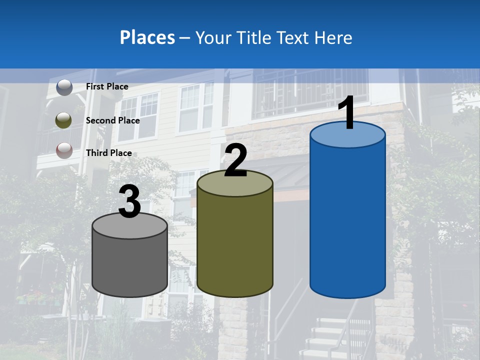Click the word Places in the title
pos(147,37)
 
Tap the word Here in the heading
pos(334,37)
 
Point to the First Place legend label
pos(107,86)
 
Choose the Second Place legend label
pos(112,120)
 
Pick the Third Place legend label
pos(109,153)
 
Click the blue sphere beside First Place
pos(64,87)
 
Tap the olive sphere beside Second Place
pos(63,120)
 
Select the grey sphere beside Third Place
pos(64,150)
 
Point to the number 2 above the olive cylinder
pos(235,160)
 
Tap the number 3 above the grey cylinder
pos(130,201)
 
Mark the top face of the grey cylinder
pos(130,226)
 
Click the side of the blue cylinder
pos(347,220)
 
